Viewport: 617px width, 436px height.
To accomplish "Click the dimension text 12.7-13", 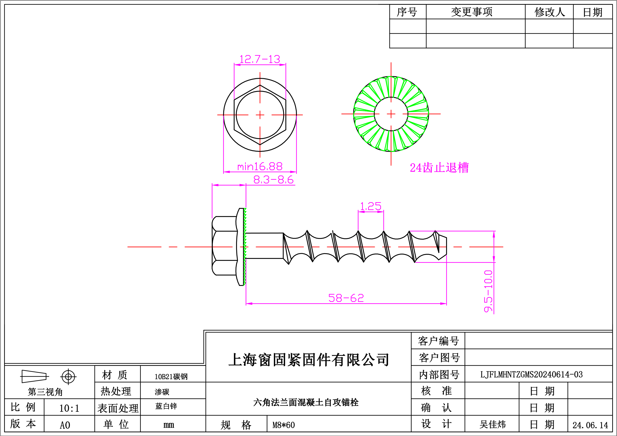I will pyautogui.click(x=260, y=59).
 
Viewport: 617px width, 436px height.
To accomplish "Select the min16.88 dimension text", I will pyautogui.click(x=260, y=167).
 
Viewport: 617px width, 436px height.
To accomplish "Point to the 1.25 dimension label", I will pyautogui.click(x=371, y=206).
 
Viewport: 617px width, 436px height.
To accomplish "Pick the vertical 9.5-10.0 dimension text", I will pyautogui.click(x=488, y=291).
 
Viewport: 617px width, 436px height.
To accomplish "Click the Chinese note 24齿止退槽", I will pyautogui.click(x=439, y=168).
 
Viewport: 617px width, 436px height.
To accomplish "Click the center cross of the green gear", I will pyautogui.click(x=391, y=114).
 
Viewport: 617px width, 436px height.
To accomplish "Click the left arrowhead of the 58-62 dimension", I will pyautogui.click(x=249, y=304).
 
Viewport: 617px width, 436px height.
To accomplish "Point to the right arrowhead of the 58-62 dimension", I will pyautogui.click(x=443, y=304).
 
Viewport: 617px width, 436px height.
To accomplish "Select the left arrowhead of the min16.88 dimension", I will pyautogui.click(x=227, y=172).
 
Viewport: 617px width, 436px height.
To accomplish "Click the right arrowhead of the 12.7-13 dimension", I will pyautogui.click(x=283, y=65).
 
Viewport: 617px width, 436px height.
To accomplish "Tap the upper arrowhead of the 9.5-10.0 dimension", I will pyautogui.click(x=494, y=235).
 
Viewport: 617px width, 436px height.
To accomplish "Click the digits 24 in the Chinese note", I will pyautogui.click(x=416, y=168).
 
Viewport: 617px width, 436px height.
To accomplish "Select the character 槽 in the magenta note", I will pyautogui.click(x=463, y=168).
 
